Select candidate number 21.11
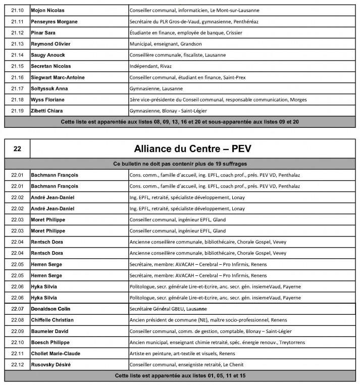(x=18, y=21)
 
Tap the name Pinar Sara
(x=43, y=32)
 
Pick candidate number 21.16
(x=18, y=77)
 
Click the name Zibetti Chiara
(x=48, y=111)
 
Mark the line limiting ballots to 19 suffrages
(x=180, y=164)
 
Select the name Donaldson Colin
(x=51, y=308)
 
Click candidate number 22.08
(x=18, y=319)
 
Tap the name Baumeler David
(x=49, y=331)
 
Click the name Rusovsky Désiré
(x=51, y=364)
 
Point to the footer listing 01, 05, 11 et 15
(x=180, y=375)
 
